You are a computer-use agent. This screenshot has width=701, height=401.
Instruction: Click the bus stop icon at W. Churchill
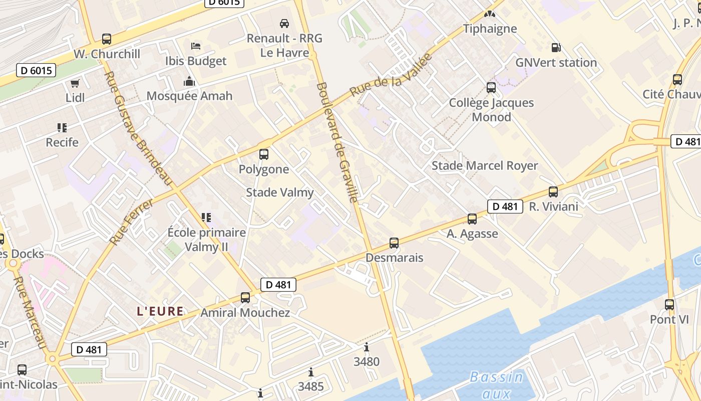pyautogui.click(x=106, y=39)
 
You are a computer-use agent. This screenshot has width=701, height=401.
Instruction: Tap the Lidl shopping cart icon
pyautogui.click(x=75, y=83)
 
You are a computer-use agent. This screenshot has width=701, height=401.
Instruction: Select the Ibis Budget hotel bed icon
pyautogui.click(x=196, y=46)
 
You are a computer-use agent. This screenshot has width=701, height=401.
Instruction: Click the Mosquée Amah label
pyautogui.click(x=189, y=96)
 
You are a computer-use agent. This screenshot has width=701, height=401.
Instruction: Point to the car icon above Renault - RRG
pyautogui.click(x=284, y=23)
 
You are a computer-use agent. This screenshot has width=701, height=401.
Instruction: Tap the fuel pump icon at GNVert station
pyautogui.click(x=556, y=48)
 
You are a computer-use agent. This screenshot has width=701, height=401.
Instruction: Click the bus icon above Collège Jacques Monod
pyautogui.click(x=491, y=88)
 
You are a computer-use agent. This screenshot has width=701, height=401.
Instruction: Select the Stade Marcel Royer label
pyautogui.click(x=485, y=166)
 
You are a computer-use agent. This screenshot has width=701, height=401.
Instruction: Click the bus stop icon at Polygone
pyautogui.click(x=264, y=154)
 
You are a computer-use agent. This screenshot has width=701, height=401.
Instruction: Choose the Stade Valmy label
pyautogui.click(x=280, y=192)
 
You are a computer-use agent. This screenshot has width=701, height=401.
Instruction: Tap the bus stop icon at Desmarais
pyautogui.click(x=394, y=243)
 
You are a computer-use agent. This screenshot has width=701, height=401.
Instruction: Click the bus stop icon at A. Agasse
pyautogui.click(x=472, y=219)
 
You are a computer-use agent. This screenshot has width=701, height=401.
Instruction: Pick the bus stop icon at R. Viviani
pyautogui.click(x=553, y=191)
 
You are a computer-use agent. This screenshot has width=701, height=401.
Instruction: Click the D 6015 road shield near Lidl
pyautogui.click(x=36, y=70)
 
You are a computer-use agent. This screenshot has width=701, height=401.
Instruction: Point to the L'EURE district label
pyautogui.click(x=160, y=311)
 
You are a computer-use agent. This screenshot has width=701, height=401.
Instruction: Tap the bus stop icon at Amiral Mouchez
pyautogui.click(x=245, y=298)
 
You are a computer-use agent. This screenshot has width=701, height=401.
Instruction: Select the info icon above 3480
pyautogui.click(x=367, y=347)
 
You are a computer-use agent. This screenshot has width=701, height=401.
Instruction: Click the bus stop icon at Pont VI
pyautogui.click(x=669, y=304)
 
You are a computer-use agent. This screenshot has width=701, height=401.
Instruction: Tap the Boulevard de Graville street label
pyautogui.click(x=337, y=142)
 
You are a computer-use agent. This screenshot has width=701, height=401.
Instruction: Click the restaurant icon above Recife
pyautogui.click(x=62, y=128)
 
